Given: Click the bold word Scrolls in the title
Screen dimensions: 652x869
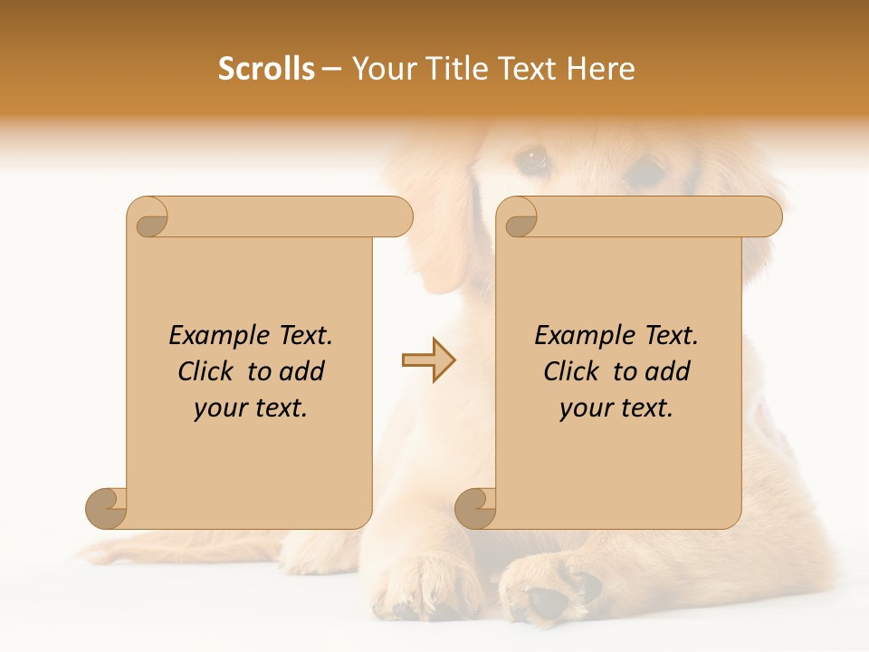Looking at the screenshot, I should (266, 69).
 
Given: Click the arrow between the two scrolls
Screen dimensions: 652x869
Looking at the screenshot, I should (428, 360).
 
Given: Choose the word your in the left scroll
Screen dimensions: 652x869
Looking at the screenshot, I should (218, 408).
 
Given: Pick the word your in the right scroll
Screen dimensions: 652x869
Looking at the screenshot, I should (584, 408).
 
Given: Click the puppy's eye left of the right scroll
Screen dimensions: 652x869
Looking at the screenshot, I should (531, 160).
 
